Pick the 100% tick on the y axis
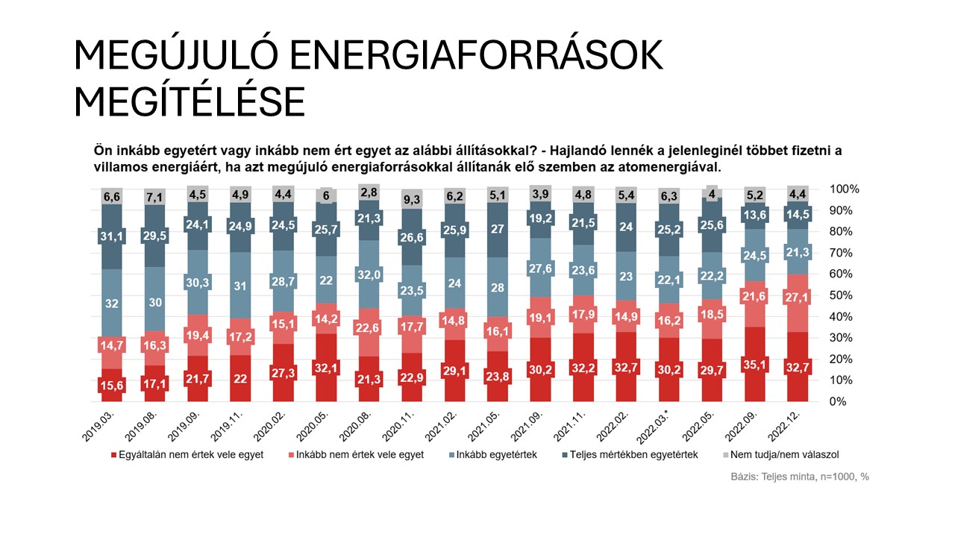(x=844, y=189)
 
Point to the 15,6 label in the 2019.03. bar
(x=112, y=386)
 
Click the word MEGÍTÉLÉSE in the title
(x=190, y=101)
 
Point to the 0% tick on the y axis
(x=839, y=401)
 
